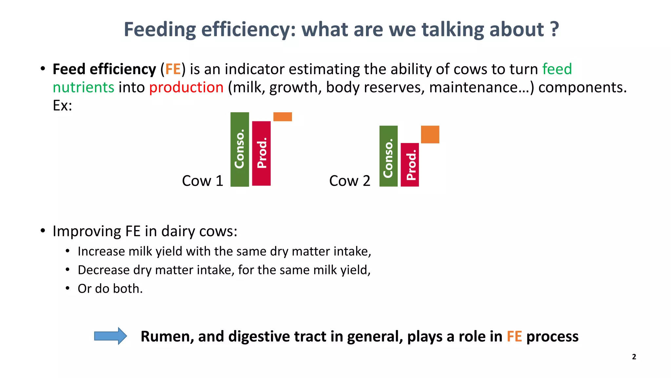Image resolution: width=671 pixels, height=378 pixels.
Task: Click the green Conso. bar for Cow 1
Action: (x=240, y=149)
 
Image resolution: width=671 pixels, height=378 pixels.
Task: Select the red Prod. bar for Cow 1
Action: (x=261, y=153)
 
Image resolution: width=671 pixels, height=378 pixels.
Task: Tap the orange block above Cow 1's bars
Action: (x=282, y=117)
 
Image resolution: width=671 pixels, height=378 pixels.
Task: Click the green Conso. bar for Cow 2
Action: (x=388, y=156)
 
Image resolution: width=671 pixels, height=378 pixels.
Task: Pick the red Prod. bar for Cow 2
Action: (x=410, y=165)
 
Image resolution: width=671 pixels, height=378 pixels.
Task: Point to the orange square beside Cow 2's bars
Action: (x=430, y=135)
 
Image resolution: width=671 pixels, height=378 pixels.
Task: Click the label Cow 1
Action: (x=202, y=181)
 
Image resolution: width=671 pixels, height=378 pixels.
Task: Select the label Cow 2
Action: (x=350, y=181)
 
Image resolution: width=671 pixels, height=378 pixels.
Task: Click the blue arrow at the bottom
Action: (x=110, y=336)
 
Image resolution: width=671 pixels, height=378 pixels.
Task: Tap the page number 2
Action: (x=634, y=357)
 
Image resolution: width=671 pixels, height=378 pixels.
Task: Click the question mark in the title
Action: (x=554, y=30)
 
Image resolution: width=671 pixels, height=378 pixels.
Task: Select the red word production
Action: (x=186, y=88)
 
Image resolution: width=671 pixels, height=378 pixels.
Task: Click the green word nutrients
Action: (x=83, y=88)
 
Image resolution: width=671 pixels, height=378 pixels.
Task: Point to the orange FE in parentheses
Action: (x=173, y=69)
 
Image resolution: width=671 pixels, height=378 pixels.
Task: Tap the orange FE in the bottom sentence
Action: (x=514, y=337)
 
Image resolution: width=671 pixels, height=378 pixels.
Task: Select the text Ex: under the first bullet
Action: (x=62, y=106)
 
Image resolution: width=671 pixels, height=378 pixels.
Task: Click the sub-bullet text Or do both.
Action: (x=110, y=289)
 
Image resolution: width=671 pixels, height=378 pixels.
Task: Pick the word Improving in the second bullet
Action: (x=87, y=231)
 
